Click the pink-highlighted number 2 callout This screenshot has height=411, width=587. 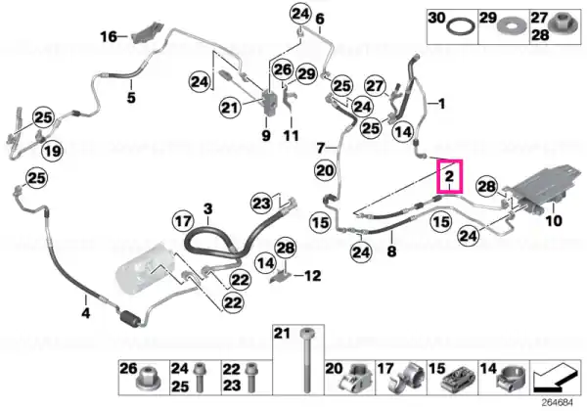[451, 176]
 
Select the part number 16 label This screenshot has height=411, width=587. [109, 36]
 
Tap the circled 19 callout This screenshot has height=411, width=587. [52, 151]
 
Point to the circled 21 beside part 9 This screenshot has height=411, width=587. [230, 108]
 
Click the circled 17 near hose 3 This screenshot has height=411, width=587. [183, 221]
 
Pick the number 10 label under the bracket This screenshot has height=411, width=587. [554, 221]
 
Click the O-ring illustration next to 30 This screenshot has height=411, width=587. [462, 27]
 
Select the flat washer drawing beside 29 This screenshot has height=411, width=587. [512, 27]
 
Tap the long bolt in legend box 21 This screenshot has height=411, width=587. [306, 360]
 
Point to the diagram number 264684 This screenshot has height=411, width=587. [558, 403]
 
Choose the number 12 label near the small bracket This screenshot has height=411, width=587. [313, 276]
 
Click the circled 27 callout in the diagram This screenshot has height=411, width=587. [375, 86]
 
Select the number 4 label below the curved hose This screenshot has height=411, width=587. [86, 312]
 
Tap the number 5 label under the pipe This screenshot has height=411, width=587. [131, 97]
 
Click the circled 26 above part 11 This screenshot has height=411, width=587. [283, 69]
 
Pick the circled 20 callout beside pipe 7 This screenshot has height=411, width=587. [325, 170]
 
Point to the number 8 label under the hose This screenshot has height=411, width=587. [391, 251]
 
